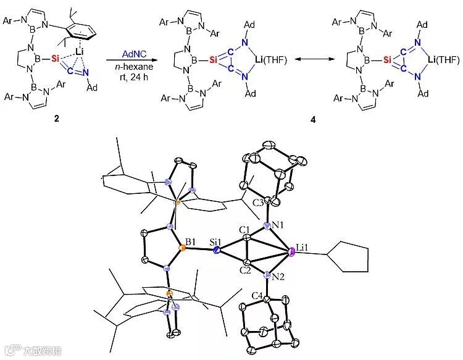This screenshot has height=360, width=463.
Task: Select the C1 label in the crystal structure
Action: pos(245,230)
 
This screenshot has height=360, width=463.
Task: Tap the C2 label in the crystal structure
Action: pos(246,270)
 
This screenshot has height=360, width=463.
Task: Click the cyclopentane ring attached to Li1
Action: pos(351,259)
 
